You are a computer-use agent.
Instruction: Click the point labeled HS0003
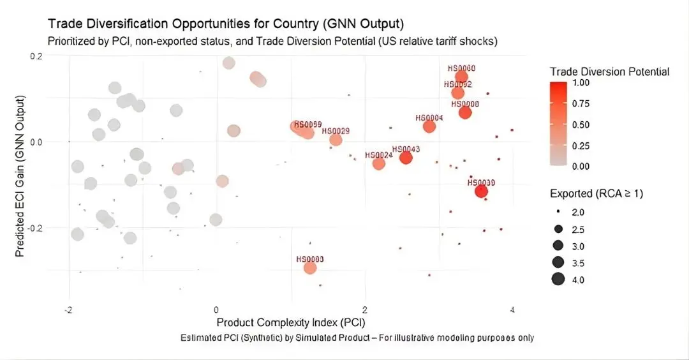pos(310,267)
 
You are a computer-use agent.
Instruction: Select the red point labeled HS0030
pos(481,191)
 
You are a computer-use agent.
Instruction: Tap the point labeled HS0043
pos(406,157)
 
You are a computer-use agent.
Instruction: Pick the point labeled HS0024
pos(379,163)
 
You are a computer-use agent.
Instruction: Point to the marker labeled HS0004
pos(429,126)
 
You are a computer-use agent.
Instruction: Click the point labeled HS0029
pos(336,140)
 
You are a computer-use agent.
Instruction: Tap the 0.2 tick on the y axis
pos(36,56)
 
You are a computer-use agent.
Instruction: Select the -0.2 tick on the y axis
pos(34,228)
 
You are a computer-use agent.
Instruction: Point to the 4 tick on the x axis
pos(512,310)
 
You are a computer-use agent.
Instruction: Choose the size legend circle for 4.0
pos(558,279)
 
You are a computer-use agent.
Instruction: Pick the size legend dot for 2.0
pos(558,211)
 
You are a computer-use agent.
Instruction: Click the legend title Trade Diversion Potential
pos(609,71)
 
